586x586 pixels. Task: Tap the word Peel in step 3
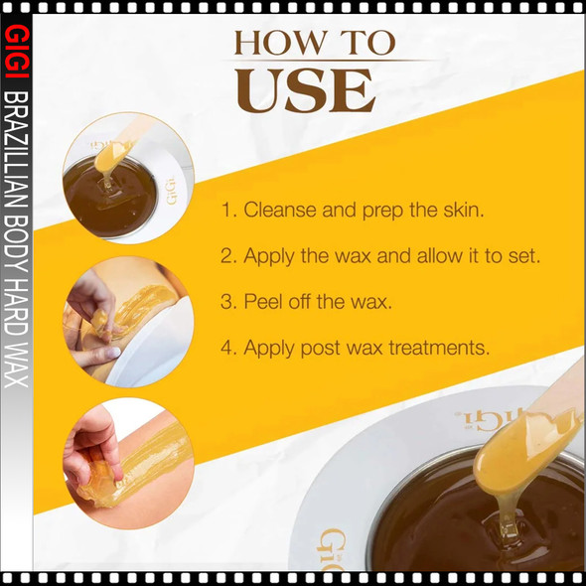(x=262, y=302)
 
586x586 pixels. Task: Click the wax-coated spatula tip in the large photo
(x=525, y=452)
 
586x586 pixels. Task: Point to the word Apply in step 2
(x=267, y=256)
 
